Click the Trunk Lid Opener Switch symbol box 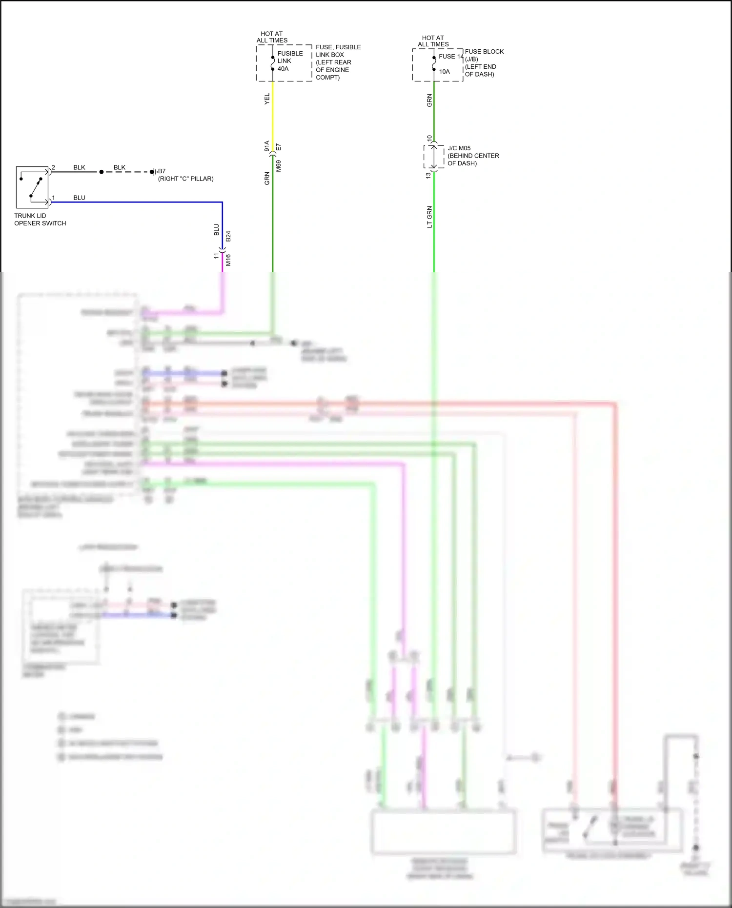click(32, 187)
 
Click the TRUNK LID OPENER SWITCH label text click(40, 220)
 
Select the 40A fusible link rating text click(283, 69)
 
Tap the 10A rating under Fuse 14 click(444, 72)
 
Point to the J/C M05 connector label click(459, 148)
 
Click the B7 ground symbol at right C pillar click(153, 172)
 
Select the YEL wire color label click(267, 99)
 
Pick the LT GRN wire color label click(429, 217)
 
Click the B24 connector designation click(228, 237)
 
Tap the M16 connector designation click(228, 260)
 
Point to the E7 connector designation click(279, 147)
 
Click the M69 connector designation click(279, 166)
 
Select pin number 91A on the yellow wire click(267, 146)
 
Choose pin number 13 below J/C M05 click(428, 175)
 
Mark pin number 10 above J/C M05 click(429, 139)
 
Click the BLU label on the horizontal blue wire click(79, 198)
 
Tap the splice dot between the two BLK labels click(102, 172)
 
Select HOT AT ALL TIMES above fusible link click(272, 37)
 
